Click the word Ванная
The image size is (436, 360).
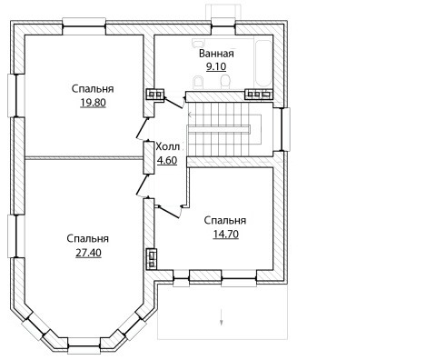[x=216, y=54]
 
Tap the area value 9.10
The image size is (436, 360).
[x=216, y=66]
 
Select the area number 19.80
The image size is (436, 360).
[x=93, y=103]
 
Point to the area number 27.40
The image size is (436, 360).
[x=88, y=253]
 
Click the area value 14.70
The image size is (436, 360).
[x=226, y=235]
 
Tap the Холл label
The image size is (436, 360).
[x=167, y=147]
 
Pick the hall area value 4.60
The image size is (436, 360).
[x=167, y=160]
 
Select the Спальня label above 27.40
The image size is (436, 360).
[x=88, y=239]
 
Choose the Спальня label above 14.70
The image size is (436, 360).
[x=225, y=221]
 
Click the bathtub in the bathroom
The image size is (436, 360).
[x=263, y=65]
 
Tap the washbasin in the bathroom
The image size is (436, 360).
[x=198, y=43]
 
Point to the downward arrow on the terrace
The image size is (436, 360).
[x=222, y=317]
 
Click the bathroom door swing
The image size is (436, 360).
[x=174, y=102]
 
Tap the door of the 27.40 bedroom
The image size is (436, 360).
[x=143, y=185]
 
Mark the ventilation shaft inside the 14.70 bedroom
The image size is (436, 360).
[x=152, y=258]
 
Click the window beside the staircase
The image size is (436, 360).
[x=286, y=129]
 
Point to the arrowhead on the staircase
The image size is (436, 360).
[x=190, y=115]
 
